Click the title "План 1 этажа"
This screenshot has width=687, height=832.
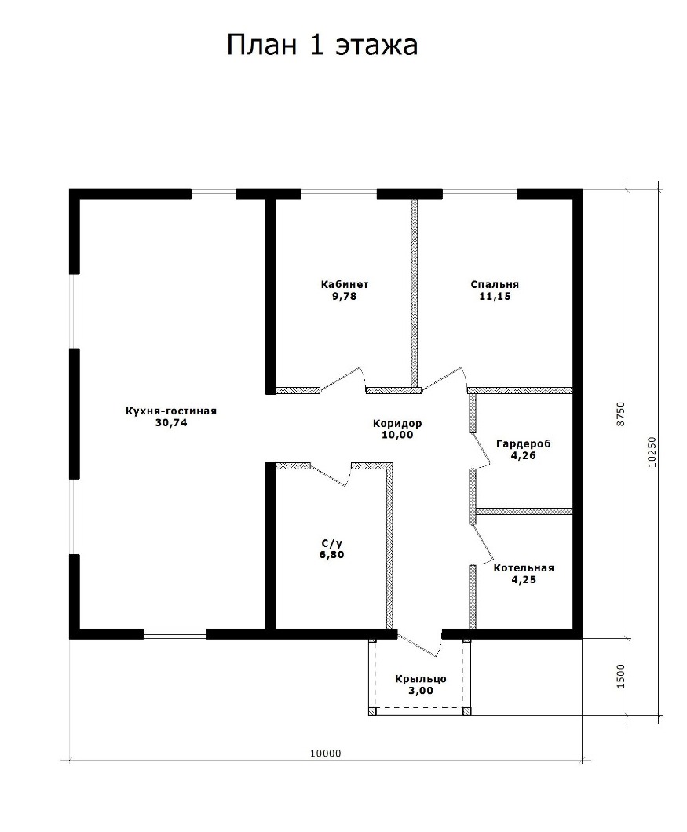322,46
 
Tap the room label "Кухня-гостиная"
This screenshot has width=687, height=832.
171,411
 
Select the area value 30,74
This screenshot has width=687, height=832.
171,423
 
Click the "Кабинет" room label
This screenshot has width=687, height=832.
345,284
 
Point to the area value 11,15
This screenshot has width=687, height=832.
495,296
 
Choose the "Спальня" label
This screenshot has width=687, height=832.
495,284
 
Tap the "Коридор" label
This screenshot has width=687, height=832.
397,423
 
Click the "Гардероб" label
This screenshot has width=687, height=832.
524,443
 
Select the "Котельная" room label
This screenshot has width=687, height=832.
524,568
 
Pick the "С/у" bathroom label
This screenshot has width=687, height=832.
332,543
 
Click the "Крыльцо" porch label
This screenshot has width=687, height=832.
421,679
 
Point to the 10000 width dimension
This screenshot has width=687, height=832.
326,754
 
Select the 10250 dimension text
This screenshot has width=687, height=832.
652,451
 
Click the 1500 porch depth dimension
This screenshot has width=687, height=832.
621,676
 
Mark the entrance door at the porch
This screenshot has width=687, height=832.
419,644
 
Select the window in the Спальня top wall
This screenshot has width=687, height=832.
480,194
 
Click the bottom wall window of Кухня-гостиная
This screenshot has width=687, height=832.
174,633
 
